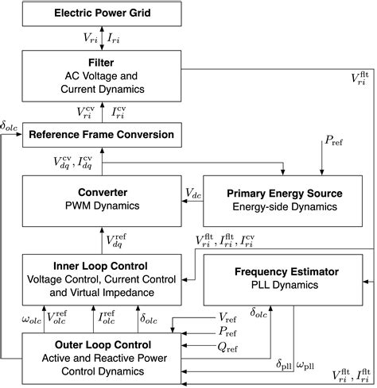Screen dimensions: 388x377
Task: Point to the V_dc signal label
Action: pyautogui.click(x=192, y=194)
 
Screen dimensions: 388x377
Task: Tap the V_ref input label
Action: pyautogui.click(x=205, y=318)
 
